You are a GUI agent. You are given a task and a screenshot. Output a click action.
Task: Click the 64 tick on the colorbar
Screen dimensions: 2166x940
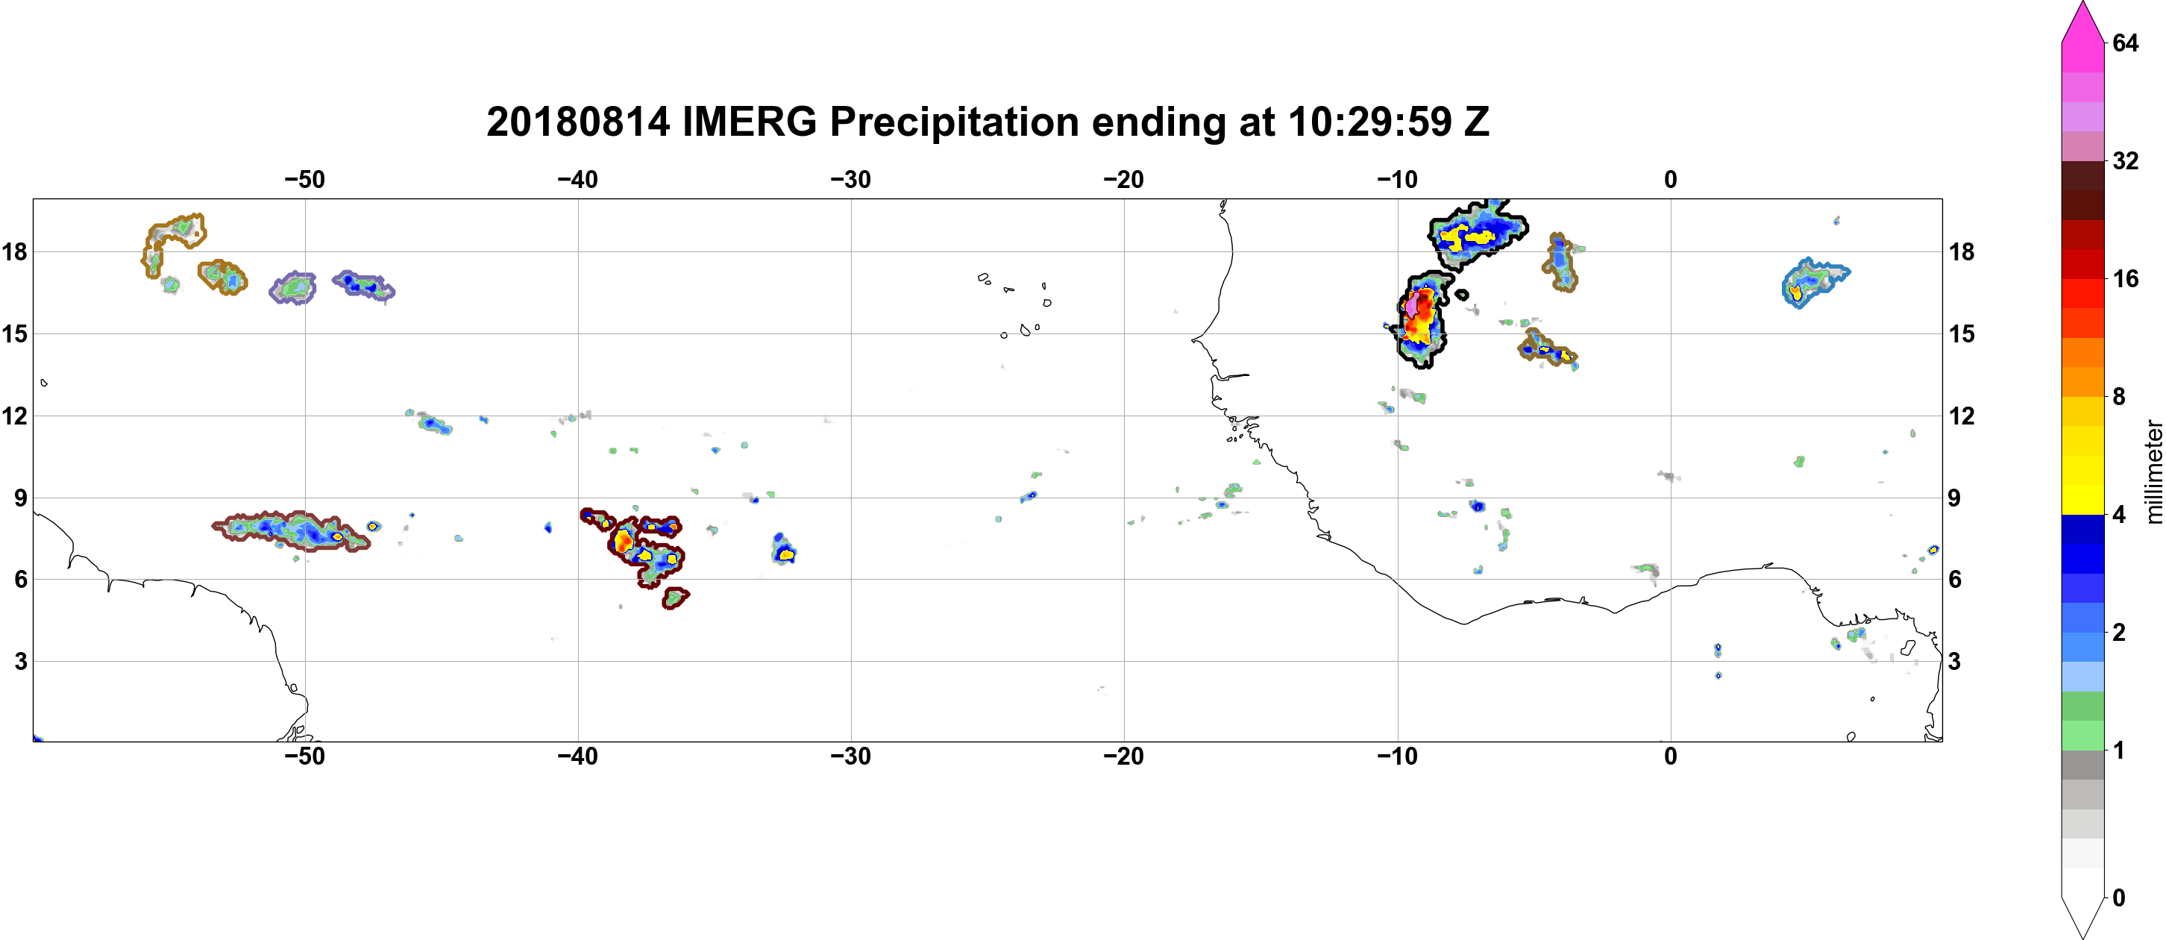coord(2125,43)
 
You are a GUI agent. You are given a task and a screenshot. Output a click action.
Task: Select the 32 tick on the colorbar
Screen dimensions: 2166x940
coord(2125,160)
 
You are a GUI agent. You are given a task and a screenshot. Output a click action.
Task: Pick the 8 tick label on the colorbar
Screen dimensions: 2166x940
coord(2119,396)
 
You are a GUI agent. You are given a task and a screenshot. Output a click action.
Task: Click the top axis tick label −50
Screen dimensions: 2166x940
coord(304,180)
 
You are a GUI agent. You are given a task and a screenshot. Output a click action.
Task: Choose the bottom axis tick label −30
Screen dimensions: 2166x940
coord(851,756)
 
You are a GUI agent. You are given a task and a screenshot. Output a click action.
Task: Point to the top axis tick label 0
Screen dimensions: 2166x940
coord(1671,180)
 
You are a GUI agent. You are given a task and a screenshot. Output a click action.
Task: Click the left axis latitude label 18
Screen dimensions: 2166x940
coord(14,251)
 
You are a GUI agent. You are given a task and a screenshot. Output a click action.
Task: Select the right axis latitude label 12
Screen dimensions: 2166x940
coord(1962,416)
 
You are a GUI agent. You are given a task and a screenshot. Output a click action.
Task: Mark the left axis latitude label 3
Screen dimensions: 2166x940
coord(20,661)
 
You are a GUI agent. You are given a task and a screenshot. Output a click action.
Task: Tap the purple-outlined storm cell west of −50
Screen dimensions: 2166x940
coord(292,287)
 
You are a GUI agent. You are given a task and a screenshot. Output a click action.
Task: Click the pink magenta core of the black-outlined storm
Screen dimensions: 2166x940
coord(1413,303)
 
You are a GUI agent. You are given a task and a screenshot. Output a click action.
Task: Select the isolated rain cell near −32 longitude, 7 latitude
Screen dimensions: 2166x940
coord(783,549)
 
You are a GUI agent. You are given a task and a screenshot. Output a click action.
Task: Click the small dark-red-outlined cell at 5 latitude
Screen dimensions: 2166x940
coord(674,598)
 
